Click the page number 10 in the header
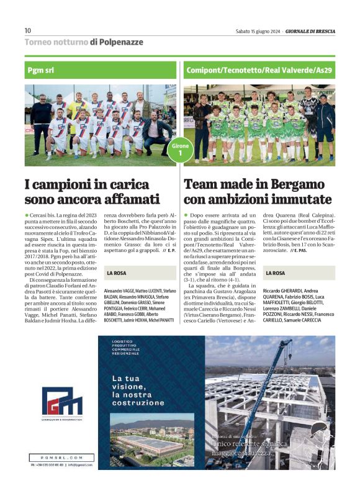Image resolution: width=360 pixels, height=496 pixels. click(27, 30)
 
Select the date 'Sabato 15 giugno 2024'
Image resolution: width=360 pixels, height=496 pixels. click(258, 31)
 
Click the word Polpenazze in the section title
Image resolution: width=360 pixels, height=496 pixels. click(120, 42)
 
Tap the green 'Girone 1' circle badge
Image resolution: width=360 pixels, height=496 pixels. click(180, 150)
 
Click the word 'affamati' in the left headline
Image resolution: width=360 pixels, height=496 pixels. click(129, 199)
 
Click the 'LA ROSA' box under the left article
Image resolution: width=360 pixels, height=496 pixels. click(118, 273)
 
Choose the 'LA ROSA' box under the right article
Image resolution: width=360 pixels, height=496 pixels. click(276, 273)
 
